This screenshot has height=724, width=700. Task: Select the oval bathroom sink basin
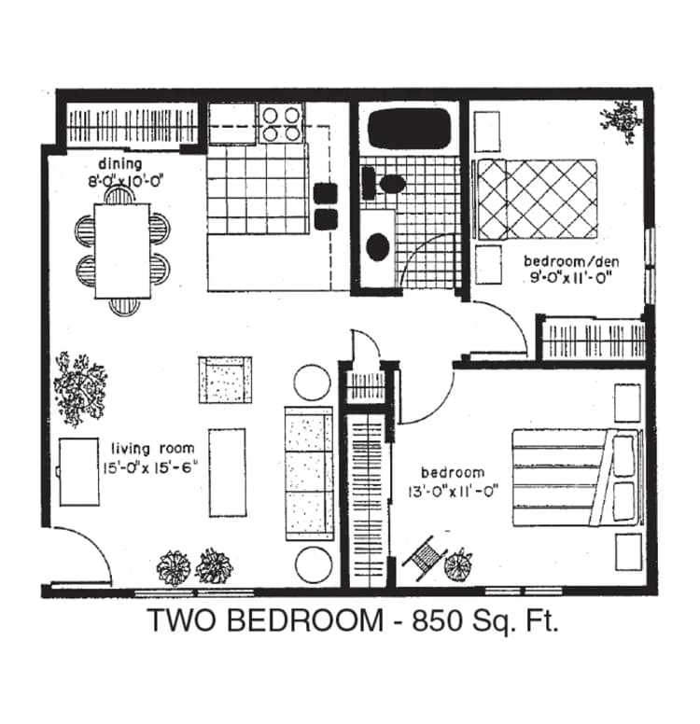click(x=378, y=246)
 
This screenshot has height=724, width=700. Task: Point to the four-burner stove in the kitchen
click(x=282, y=122)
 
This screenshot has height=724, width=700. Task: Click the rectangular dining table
click(x=121, y=250)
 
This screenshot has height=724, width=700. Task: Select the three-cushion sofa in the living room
click(x=308, y=473)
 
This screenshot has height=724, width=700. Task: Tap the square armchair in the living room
click(x=225, y=379)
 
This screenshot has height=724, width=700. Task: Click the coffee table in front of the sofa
click(x=228, y=471)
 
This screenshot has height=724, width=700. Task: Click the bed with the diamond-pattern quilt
click(x=537, y=199)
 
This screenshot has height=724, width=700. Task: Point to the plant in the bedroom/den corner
click(x=621, y=118)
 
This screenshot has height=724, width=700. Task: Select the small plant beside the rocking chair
click(x=458, y=564)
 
